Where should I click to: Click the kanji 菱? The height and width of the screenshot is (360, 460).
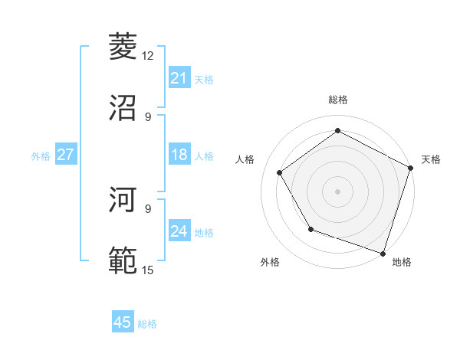(x=123, y=47)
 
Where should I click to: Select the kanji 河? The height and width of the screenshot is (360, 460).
(x=123, y=200)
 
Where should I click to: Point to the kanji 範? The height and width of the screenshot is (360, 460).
(x=123, y=260)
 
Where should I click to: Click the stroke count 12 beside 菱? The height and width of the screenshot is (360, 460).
(x=148, y=56)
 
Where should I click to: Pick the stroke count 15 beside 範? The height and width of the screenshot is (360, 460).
(x=148, y=270)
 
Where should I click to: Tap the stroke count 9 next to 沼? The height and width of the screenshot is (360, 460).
(x=148, y=116)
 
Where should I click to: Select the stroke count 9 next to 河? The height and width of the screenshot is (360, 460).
(x=148, y=208)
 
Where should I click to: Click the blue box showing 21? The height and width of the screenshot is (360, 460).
(x=179, y=78)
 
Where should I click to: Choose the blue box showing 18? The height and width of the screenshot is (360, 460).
(x=179, y=155)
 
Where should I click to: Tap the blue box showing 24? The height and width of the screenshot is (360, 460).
(x=179, y=231)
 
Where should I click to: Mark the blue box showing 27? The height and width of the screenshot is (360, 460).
(x=66, y=155)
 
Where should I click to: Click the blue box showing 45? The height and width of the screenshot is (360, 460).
(x=123, y=322)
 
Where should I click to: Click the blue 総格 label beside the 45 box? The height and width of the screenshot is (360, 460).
(x=148, y=324)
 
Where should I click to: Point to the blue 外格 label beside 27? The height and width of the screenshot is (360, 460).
(x=41, y=156)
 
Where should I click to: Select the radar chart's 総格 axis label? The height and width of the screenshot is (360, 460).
(x=337, y=100)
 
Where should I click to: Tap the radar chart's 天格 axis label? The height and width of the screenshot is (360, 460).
(x=432, y=159)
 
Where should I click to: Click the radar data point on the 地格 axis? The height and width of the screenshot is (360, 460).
(x=383, y=253)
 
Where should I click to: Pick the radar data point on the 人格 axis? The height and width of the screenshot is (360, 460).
(x=280, y=172)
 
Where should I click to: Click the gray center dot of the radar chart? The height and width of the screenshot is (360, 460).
(x=337, y=191)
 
